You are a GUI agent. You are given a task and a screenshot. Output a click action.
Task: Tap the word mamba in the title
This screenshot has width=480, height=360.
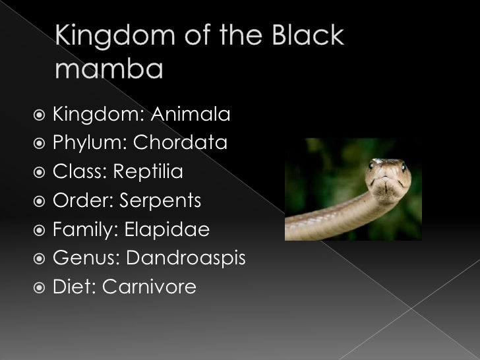tap(108, 69)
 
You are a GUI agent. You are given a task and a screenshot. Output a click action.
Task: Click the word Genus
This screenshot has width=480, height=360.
tap(82, 258)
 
